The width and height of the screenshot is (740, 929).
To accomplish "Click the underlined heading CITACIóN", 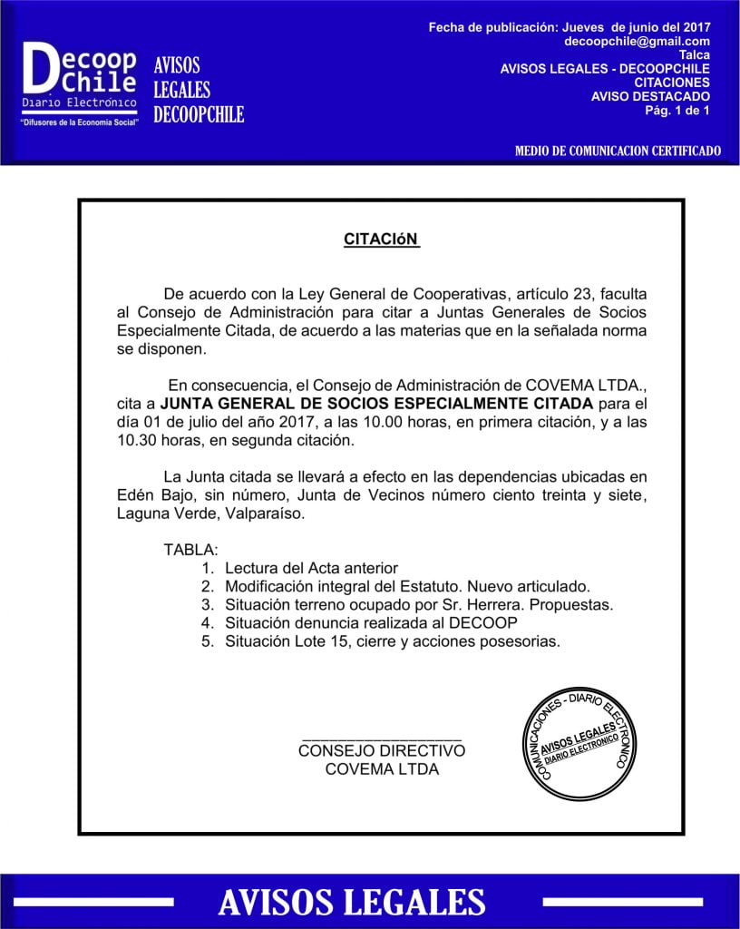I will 381,240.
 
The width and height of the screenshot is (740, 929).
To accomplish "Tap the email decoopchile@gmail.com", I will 637,42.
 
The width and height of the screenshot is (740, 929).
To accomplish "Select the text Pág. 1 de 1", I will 677,110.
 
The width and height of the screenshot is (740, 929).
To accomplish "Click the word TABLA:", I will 190,550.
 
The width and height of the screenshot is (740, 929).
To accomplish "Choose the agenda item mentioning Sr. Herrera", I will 419,604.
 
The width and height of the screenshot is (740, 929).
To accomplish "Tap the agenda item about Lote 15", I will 393,641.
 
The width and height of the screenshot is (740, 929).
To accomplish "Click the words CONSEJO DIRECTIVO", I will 381,751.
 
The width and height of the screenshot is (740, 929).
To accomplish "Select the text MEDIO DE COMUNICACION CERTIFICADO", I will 617,151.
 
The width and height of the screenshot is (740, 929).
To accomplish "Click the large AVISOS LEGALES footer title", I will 352,902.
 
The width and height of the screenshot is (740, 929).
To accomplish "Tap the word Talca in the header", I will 694,54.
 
